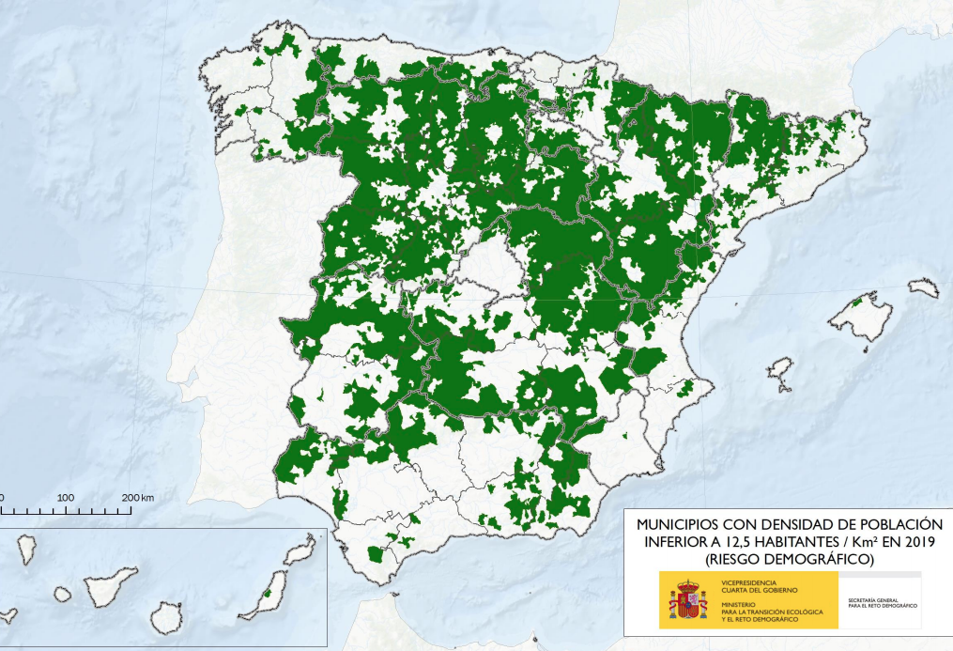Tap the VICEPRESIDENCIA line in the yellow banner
pos(749,582)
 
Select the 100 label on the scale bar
pos(66,496)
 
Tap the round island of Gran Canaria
pos(165,616)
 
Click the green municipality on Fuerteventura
pos(269,592)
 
